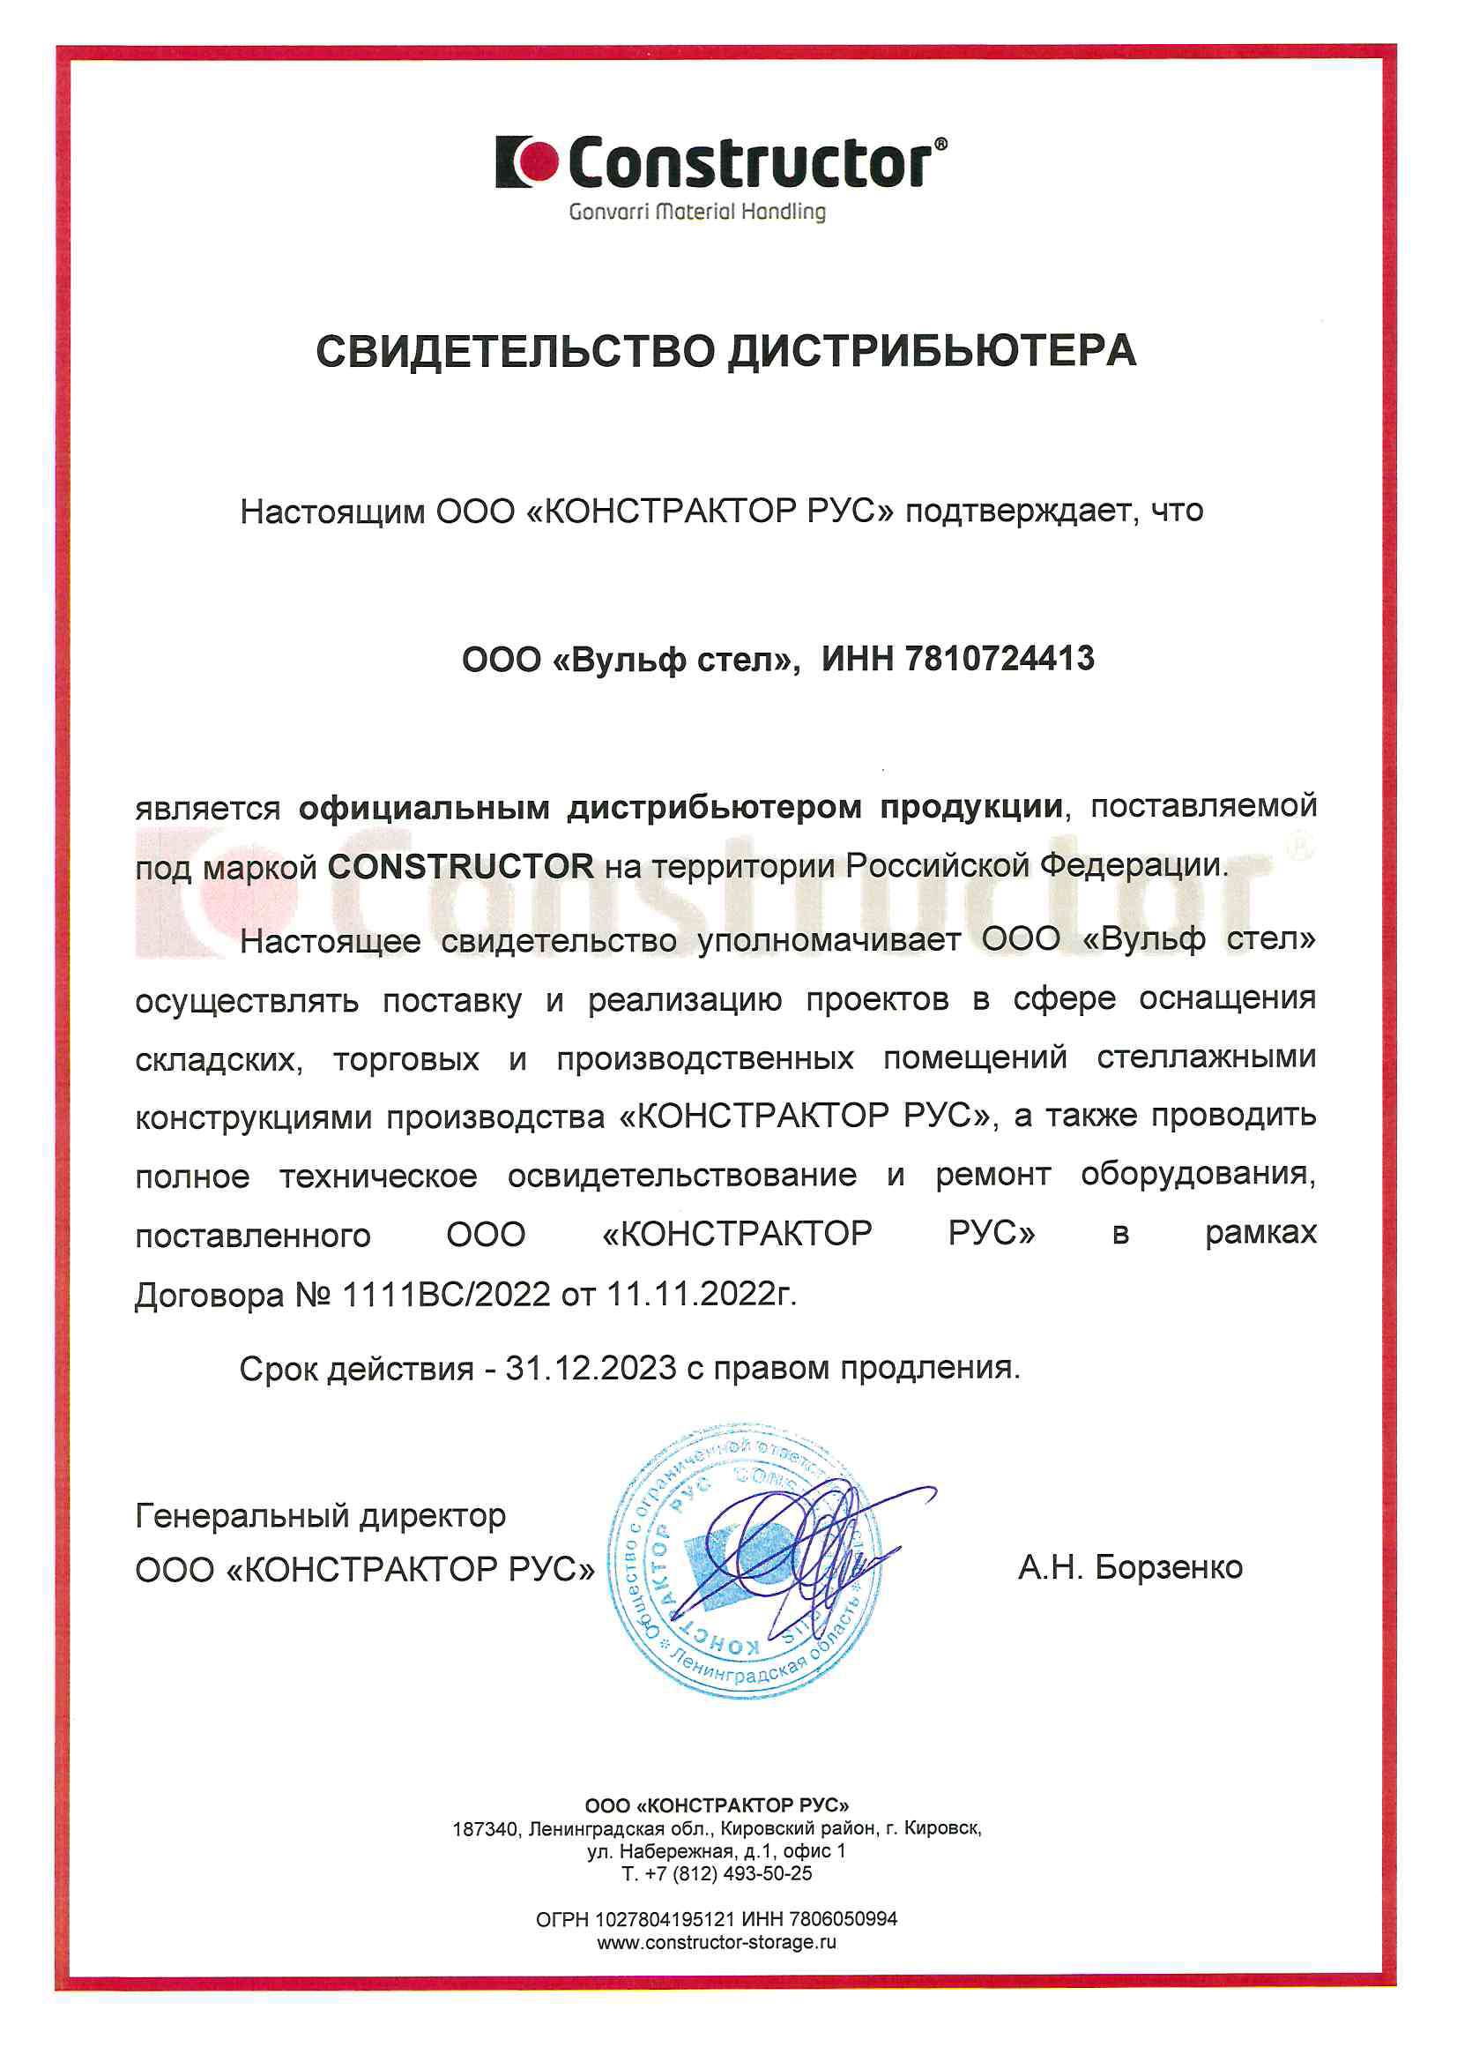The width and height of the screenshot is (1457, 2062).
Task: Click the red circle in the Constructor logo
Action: tap(539, 161)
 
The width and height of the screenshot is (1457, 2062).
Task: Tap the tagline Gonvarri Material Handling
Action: tap(696, 212)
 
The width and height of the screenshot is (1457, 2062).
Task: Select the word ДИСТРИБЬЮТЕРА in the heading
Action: tap(932, 351)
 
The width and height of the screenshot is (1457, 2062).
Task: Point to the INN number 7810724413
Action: tap(1000, 659)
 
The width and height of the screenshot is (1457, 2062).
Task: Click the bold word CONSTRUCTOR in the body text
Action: tap(459, 867)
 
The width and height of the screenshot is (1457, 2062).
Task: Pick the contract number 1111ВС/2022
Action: tap(446, 1294)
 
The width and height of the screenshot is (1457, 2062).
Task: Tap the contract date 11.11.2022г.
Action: tap(701, 1294)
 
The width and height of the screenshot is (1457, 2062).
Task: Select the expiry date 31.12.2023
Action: tap(590, 1368)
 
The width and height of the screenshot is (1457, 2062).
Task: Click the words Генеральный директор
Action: tap(321, 1516)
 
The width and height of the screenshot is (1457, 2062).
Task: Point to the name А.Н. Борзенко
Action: tap(1129, 1567)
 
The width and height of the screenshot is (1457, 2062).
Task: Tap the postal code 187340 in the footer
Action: tap(485, 1829)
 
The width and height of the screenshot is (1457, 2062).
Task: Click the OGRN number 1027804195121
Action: tap(665, 1919)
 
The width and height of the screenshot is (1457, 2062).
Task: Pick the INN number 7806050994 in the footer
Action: tap(843, 1919)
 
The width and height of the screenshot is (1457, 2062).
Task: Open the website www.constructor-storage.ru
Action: tap(717, 1942)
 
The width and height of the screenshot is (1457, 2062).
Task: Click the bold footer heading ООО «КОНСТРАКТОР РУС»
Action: tap(717, 1806)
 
